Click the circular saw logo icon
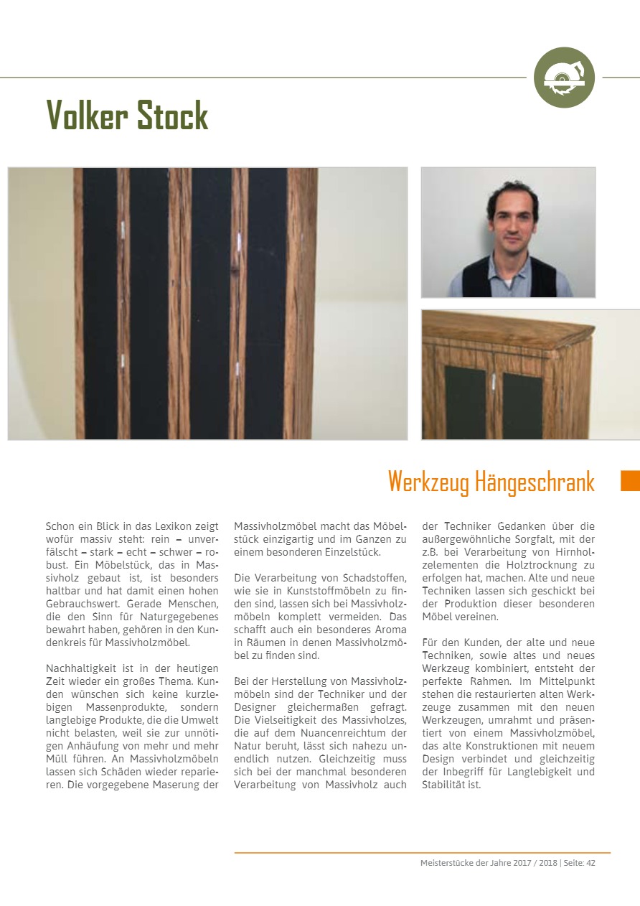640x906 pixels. (564, 78)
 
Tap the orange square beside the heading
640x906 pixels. (629, 480)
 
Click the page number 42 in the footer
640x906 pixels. (590, 863)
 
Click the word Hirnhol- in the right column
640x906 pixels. (573, 552)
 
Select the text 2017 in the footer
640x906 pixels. (522, 863)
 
